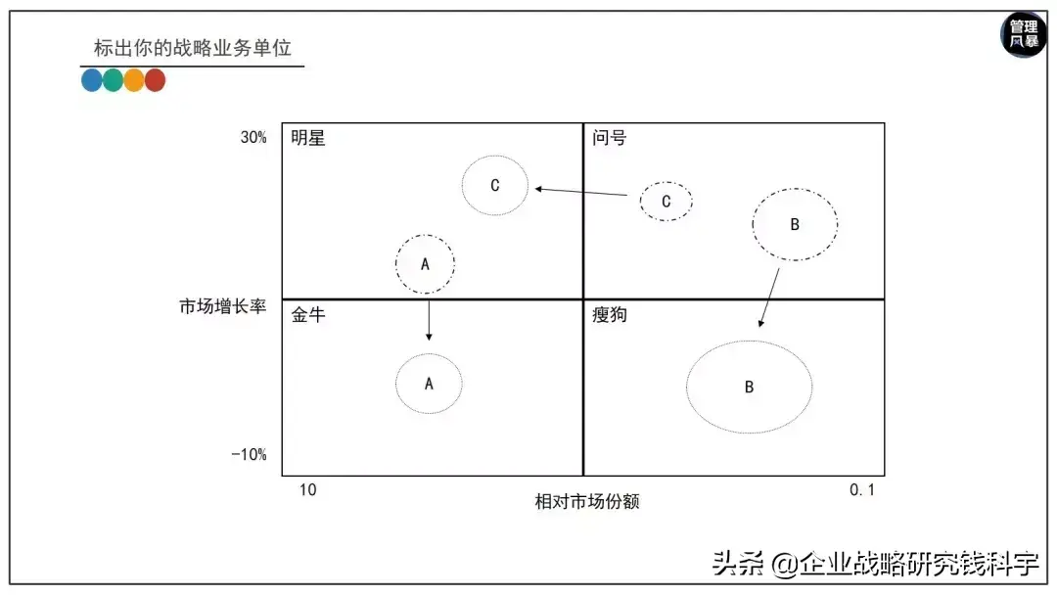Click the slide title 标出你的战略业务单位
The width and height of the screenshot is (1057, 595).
[192, 48]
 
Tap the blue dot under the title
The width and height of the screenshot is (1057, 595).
[92, 81]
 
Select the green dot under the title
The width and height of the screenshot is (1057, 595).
[113, 81]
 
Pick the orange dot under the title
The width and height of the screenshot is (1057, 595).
[134, 81]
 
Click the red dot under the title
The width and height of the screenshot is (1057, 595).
[155, 81]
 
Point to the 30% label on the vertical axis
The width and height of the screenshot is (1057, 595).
[253, 138]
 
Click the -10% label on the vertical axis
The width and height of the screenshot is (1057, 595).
[249, 455]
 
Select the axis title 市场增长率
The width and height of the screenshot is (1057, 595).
[222, 307]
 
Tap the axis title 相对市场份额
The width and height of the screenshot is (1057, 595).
[587, 501]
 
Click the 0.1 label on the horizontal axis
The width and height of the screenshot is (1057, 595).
[862, 490]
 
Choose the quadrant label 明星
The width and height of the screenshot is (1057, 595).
[307, 138]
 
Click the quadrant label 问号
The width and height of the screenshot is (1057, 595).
[609, 138]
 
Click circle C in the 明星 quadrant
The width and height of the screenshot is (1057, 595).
[495, 185]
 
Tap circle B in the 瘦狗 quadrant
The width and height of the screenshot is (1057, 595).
[749, 387]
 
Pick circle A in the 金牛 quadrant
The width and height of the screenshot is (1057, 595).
[429, 384]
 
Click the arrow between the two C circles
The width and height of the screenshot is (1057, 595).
[582, 192]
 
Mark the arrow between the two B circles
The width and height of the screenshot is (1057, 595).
[769, 297]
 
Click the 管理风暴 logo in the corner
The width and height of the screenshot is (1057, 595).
[1024, 35]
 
